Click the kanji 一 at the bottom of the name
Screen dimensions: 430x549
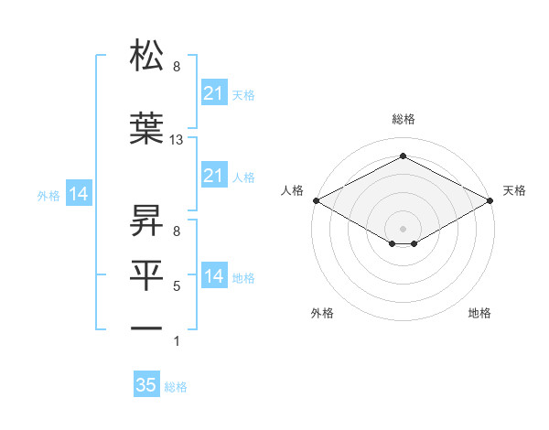point(147,327)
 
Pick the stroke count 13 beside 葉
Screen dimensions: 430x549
point(177,140)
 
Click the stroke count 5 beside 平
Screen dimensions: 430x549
point(177,286)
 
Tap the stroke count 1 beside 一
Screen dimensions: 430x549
point(177,341)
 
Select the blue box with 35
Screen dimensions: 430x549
point(146,385)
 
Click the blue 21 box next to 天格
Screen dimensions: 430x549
point(213,92)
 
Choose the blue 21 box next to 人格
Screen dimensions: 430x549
point(213,176)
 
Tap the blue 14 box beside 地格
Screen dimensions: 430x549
point(213,276)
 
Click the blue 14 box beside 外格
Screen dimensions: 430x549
point(78,194)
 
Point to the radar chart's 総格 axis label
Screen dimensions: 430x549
point(404,120)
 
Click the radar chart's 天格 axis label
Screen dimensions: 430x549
point(514,190)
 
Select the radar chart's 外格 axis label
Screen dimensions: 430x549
point(322,313)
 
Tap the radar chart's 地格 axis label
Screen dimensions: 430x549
point(479,313)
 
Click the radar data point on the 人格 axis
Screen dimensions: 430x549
point(316,199)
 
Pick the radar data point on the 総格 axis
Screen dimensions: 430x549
point(404,156)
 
